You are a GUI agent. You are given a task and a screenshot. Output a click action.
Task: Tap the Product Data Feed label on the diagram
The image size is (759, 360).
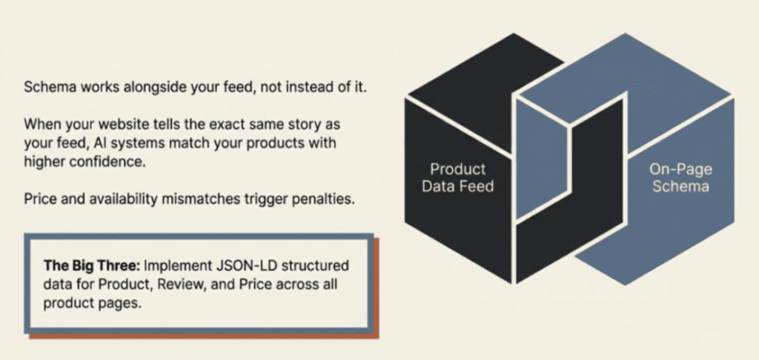(x=457, y=177)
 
